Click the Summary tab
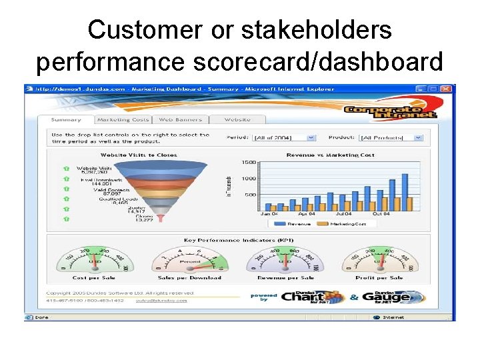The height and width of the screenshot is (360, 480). [x=66, y=120]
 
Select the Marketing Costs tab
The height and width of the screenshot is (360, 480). [x=123, y=120]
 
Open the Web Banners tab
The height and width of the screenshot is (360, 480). [x=181, y=120]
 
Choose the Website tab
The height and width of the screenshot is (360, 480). [x=237, y=120]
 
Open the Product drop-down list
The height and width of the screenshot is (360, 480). [x=391, y=137]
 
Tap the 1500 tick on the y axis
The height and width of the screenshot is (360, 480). [x=249, y=163]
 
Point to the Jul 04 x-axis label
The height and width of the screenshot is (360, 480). [x=345, y=214]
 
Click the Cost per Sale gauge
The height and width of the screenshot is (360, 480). [x=93, y=260]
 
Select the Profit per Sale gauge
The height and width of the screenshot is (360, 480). [x=377, y=260]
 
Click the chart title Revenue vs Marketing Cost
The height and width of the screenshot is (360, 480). [x=339, y=155]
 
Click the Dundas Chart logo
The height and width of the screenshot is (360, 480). [x=312, y=297]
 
